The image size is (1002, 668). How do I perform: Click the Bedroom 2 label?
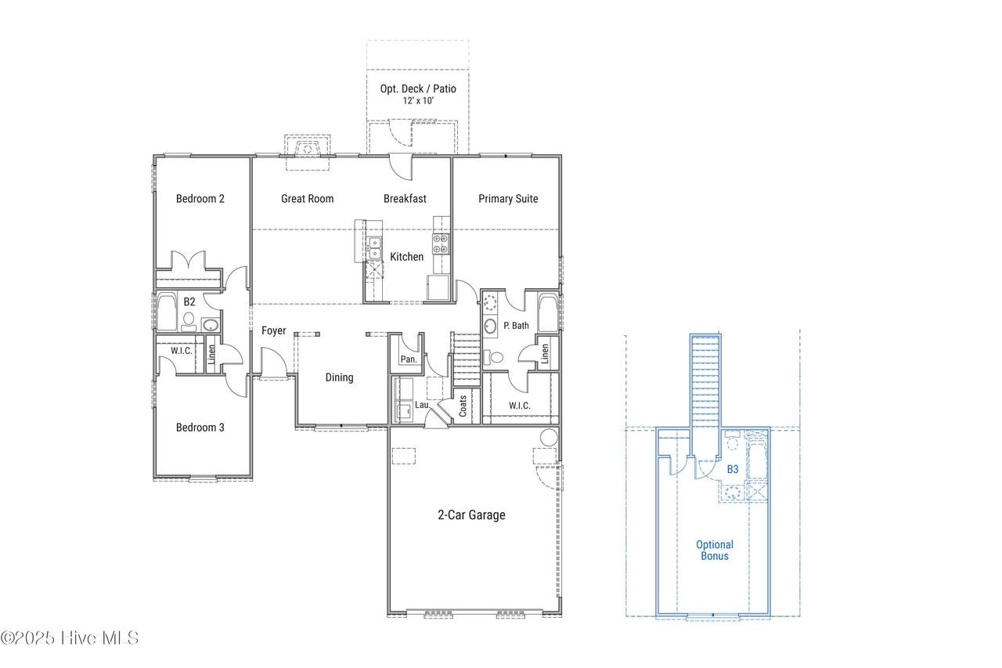200,199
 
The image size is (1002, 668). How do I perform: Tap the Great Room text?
308,199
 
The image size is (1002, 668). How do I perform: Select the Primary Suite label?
508,199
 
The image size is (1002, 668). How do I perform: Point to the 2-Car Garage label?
471,515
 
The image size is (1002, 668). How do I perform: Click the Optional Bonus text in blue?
715,551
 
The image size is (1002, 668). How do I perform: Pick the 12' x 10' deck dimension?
418,101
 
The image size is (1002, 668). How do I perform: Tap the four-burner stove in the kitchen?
441,244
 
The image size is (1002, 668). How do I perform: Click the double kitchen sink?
374,248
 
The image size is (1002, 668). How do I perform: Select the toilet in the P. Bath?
493,357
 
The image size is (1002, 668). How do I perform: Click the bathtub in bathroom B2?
167,312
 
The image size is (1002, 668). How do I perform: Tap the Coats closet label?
463,406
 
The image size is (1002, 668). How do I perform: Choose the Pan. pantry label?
409,359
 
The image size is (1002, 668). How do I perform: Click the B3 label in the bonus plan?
733,469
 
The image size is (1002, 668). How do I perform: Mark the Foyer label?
274,330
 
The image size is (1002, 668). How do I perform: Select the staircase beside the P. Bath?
466,359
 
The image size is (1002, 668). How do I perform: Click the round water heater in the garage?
549,437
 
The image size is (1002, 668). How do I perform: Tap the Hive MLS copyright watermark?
70,638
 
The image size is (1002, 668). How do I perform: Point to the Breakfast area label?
405,199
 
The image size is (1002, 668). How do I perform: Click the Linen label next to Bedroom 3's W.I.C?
211,354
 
